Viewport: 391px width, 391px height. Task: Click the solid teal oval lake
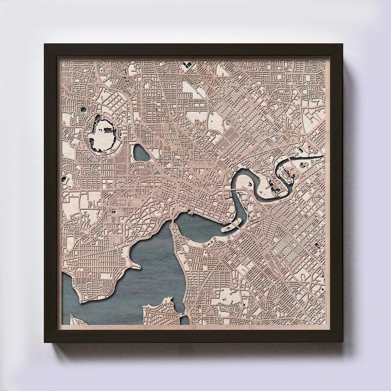(x=141, y=153)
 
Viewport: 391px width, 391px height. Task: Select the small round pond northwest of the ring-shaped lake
(x=83, y=109)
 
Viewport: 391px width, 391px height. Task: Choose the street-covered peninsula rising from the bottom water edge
(x=163, y=312)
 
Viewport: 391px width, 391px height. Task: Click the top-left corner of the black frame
(x=45, y=45)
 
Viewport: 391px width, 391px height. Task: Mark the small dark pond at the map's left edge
(x=64, y=178)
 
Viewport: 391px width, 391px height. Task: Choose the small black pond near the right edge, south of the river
(x=317, y=246)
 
